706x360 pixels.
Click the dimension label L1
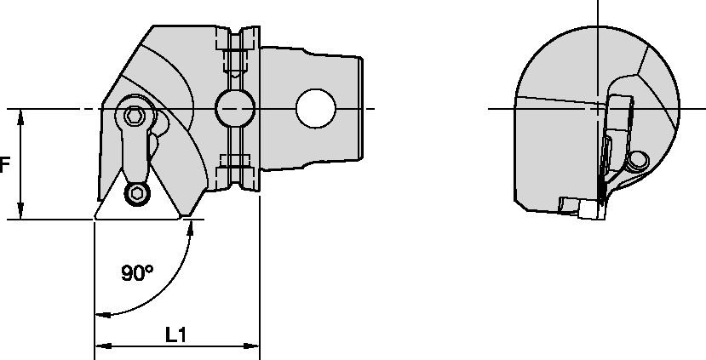[175, 335]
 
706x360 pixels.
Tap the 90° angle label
[136, 273]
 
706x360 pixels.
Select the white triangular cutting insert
[137, 203]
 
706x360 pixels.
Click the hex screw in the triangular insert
[136, 194]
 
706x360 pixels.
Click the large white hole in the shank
[315, 108]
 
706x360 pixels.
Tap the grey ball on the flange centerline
[234, 108]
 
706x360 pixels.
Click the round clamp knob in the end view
[636, 161]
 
